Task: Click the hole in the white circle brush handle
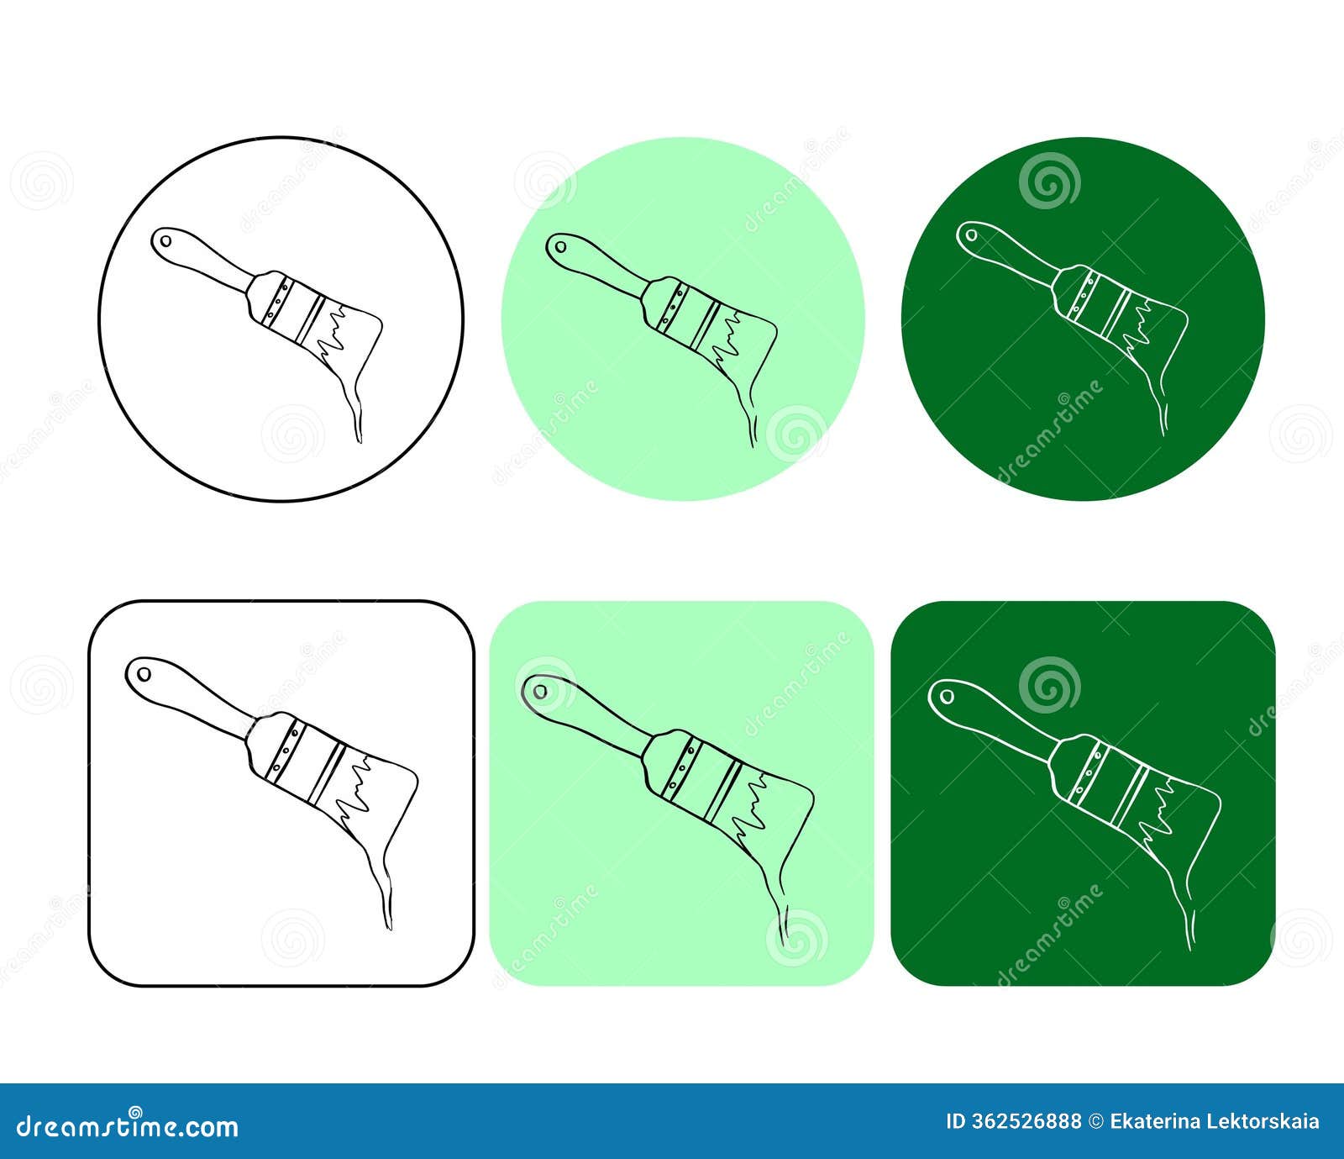tap(165, 241)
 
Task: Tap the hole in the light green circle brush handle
tap(560, 247)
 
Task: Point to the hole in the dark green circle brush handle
tap(971, 235)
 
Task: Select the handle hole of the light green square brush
tap(540, 692)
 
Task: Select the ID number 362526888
tap(1026, 1122)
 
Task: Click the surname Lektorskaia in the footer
tap(1260, 1122)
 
